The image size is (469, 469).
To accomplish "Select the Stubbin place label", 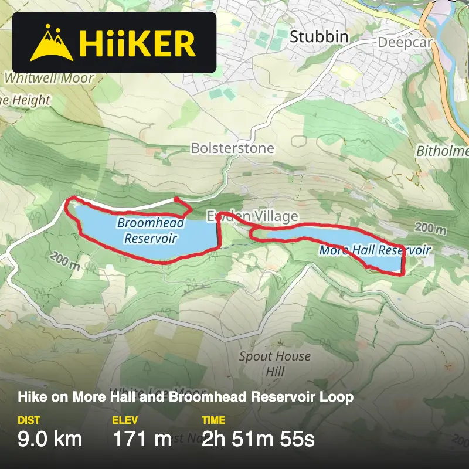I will [x=319, y=37].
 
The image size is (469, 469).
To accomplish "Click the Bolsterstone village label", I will [x=232, y=148].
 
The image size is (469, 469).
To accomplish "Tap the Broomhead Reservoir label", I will [x=151, y=230].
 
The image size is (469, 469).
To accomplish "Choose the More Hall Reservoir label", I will [x=375, y=250].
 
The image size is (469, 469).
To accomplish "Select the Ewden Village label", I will [x=252, y=217].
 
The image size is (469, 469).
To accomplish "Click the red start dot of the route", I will [x=176, y=199].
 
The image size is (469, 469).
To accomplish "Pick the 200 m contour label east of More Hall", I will [x=433, y=227].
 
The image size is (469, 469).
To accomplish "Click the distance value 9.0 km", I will [x=50, y=439].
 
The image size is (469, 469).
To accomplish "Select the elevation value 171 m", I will [x=142, y=439].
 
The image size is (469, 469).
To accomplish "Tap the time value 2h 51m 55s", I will [x=258, y=439].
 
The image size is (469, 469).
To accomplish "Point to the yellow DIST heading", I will [x=29, y=420].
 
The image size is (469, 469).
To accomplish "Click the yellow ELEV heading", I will [x=124, y=420].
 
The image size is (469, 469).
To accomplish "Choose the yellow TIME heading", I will [x=213, y=420].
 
